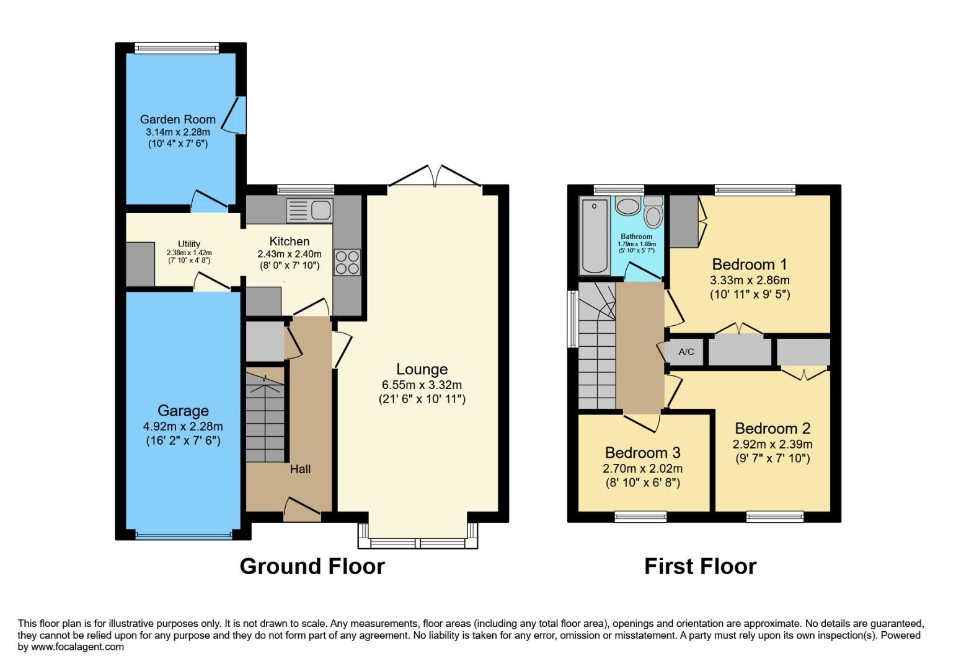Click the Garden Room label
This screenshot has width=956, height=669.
click(177, 120)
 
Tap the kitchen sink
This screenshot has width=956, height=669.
click(309, 211)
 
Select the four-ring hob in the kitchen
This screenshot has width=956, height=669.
click(347, 261)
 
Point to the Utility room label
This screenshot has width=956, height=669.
click(189, 244)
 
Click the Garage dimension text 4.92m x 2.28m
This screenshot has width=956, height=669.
click(183, 426)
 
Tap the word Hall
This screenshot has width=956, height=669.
click(300, 470)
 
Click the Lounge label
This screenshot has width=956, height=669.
click(422, 369)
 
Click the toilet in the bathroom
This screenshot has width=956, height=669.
click(653, 214)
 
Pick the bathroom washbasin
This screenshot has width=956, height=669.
click(628, 206)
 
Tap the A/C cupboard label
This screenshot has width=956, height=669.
click(686, 352)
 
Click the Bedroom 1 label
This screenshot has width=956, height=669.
click(750, 265)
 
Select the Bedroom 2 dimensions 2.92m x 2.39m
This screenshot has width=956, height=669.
click(772, 444)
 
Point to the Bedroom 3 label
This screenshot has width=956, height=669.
click(642, 452)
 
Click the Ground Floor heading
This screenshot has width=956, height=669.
click(312, 566)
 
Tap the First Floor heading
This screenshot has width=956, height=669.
click(700, 566)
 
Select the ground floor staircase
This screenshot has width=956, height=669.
click(265, 418)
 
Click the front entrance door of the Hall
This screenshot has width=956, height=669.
click(303, 509)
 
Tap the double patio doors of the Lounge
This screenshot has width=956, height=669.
click(435, 177)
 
